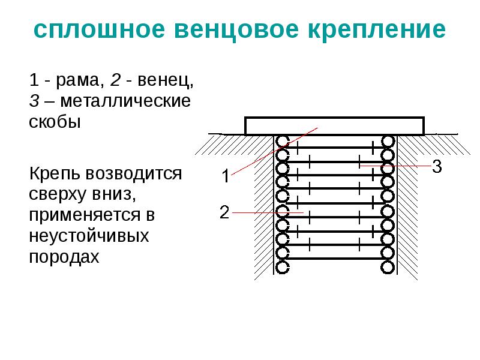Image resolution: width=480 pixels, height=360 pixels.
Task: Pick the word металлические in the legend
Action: coord(127,101)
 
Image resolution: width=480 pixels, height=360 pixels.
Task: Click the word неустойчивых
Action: coord(88,236)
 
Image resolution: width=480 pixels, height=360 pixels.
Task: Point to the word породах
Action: coord(63,256)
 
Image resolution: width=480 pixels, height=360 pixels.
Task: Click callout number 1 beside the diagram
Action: coord(224,176)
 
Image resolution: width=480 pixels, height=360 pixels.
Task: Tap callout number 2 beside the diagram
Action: coord(224,212)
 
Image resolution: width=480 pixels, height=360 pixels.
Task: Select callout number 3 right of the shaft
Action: coord(437,167)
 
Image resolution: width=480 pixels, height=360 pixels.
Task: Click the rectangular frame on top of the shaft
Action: coord(334,126)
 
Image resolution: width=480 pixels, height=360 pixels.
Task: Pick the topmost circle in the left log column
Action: coord(282,142)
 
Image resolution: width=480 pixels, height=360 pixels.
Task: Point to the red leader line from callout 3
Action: coord(396,165)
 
